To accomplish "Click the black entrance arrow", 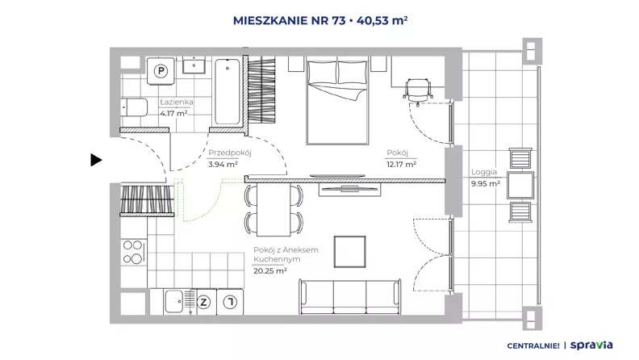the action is coord(96,160).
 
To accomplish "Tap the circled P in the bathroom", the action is coord(161,71).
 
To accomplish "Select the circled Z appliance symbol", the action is coord(203,302).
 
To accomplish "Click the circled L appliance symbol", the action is coord(230,302).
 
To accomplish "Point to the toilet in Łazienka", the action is coord(134,107).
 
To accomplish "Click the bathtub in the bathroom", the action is coord(228,91).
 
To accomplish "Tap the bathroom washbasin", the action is coord(194,65).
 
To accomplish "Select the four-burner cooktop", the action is coord(133,252).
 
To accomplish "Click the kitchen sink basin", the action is coord(174,301).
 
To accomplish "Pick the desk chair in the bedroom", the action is coord(417,90).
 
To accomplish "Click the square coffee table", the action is coord(349,252).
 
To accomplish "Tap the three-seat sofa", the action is coord(350,296).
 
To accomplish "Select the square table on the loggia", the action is coord(520,186).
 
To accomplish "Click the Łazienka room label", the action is coord(177,102).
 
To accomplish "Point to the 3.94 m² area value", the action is coord(223,165).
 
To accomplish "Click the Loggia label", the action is coord(484,172).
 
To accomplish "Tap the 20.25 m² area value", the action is coord(270,270).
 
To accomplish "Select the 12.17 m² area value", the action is coord(402,165).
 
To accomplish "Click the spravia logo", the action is coord(591,345).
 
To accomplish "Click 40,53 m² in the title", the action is coord(382,20).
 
